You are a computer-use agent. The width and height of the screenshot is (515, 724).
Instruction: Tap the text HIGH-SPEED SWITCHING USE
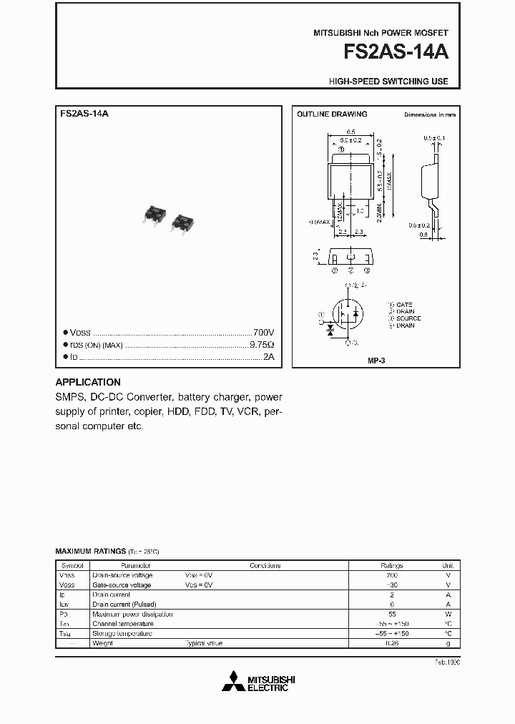(388, 82)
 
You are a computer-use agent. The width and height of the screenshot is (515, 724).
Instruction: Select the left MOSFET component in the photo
(154, 215)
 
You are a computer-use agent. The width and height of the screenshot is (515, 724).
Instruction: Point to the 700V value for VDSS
(263, 333)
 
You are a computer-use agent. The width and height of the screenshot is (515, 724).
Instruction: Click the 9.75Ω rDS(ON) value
(261, 345)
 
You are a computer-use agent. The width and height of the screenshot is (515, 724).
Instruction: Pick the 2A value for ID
(268, 356)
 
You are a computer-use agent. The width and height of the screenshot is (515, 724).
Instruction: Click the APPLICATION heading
(88, 382)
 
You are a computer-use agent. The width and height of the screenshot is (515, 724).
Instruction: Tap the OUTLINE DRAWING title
(332, 114)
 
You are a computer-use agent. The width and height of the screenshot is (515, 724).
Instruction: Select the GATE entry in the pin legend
(403, 305)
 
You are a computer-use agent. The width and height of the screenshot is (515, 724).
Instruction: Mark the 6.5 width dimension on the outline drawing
(350, 132)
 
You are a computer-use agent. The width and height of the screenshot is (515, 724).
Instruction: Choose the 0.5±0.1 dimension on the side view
(433, 137)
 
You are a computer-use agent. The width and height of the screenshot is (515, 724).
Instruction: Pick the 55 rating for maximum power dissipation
(392, 614)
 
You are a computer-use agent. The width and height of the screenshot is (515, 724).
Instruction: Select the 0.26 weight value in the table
(392, 643)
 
